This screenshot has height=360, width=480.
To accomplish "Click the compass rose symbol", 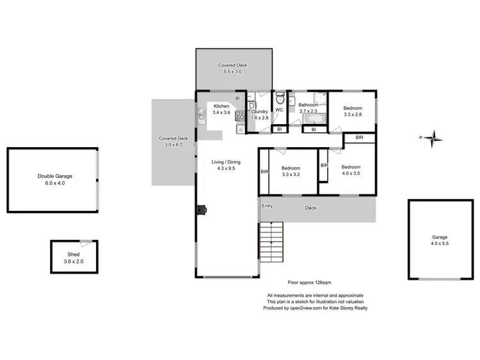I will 433,137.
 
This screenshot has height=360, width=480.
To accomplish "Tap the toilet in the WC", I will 280,100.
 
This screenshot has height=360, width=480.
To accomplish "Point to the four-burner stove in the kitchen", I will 240,116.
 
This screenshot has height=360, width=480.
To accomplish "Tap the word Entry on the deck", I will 267,206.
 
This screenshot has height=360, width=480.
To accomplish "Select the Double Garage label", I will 54,176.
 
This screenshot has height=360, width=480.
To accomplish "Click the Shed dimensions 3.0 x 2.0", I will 73,261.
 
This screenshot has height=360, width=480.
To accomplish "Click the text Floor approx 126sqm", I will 313,281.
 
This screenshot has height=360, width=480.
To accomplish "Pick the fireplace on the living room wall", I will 201,209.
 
